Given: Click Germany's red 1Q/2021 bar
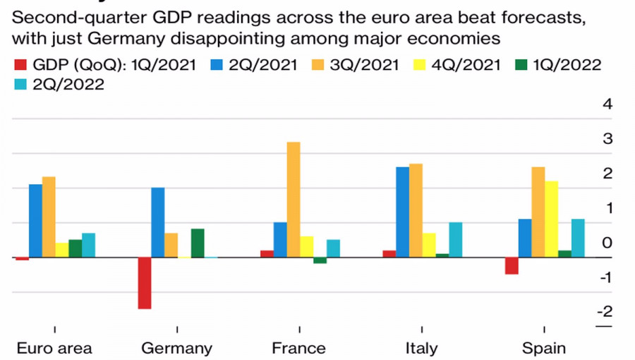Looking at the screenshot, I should (x=145, y=283).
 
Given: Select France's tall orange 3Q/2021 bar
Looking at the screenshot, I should (x=293, y=200).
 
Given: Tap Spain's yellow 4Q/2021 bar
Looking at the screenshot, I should (x=551, y=219).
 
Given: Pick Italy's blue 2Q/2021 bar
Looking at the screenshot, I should (x=402, y=212).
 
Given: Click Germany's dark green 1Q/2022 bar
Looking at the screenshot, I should (x=198, y=244).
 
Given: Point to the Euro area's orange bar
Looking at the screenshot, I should (x=49, y=217).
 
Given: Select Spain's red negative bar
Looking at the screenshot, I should (x=512, y=266).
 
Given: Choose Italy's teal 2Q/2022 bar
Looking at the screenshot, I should (x=455, y=240).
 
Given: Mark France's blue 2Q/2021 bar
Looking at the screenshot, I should (x=280, y=240).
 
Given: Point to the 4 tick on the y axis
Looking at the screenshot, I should (x=607, y=104).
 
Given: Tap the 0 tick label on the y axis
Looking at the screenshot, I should (x=607, y=243).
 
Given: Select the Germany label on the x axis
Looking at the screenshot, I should (x=176, y=348).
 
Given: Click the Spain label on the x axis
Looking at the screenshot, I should (x=543, y=348).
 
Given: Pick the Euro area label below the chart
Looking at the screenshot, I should (x=54, y=348).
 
